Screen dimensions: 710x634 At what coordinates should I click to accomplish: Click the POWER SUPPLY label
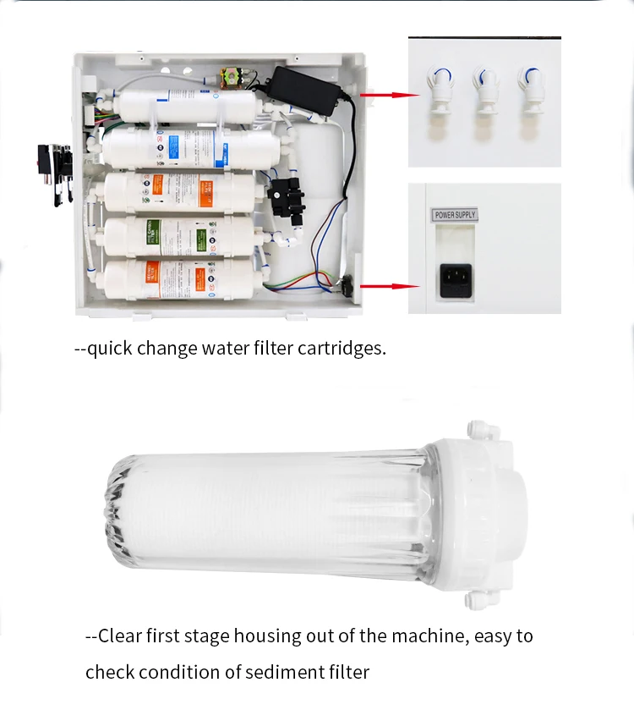pyautogui.click(x=455, y=215)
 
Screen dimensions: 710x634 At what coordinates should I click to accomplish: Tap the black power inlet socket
pyautogui.click(x=455, y=278)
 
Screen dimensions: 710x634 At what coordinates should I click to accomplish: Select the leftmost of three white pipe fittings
pyautogui.click(x=438, y=91)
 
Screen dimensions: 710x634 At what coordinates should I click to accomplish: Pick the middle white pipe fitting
pyautogui.click(x=485, y=91)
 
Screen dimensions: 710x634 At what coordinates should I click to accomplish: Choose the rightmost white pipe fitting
pyautogui.click(x=532, y=91)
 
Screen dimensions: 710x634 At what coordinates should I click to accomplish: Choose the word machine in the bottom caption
pyautogui.click(x=423, y=636)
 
